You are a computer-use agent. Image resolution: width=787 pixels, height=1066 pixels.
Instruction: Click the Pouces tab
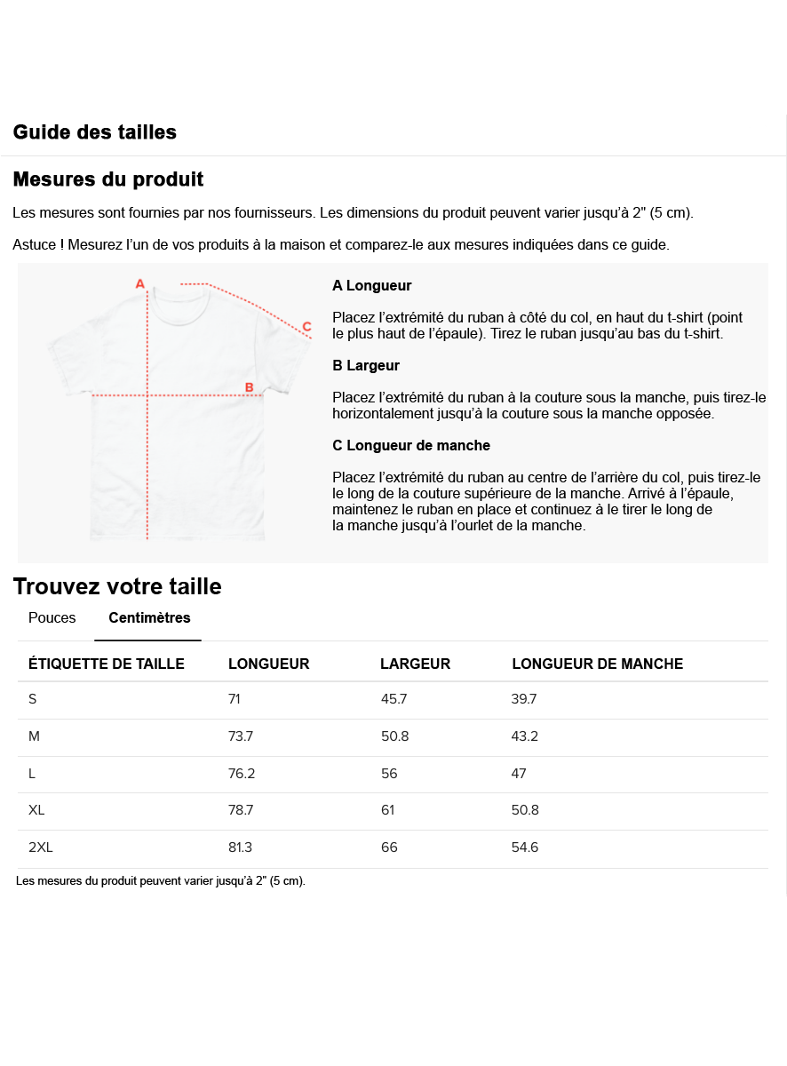point(52,618)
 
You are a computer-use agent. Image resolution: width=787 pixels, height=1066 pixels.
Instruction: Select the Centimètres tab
point(149,618)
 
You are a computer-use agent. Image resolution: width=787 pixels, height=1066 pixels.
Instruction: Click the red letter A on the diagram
point(139,283)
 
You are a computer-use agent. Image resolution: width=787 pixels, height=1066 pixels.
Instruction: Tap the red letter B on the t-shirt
point(250,387)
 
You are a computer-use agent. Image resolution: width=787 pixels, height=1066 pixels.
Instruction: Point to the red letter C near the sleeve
point(306,326)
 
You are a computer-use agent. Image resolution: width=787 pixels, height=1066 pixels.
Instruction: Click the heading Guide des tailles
point(94,132)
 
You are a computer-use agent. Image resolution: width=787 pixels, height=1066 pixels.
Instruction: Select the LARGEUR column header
point(415,664)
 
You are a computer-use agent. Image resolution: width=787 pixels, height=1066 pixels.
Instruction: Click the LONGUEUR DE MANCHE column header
point(597,664)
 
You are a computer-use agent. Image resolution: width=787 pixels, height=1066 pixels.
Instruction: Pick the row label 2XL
point(41,847)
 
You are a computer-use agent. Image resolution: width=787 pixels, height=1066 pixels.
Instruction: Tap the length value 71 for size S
point(235,699)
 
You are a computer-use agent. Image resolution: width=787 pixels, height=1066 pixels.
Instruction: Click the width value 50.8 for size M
point(394,736)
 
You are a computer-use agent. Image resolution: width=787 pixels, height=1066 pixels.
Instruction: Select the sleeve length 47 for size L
point(519,774)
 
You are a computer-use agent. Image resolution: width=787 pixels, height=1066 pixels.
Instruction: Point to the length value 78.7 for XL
point(242,810)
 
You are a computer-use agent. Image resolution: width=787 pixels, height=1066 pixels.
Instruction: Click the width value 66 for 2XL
point(389,847)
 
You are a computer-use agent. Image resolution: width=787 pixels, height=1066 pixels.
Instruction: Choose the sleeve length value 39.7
point(524,699)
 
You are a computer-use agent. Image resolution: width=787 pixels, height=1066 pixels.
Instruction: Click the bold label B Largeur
point(366,365)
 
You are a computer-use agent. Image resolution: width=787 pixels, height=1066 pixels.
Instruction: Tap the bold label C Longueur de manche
point(411,445)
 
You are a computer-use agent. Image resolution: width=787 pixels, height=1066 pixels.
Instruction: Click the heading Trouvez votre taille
point(117,586)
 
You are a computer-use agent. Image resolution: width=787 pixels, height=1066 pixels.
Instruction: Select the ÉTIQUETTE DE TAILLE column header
point(107,664)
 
